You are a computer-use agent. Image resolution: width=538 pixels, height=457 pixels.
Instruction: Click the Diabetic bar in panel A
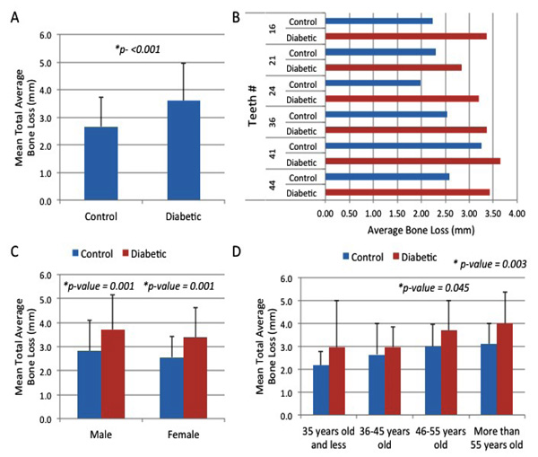click(x=183, y=150)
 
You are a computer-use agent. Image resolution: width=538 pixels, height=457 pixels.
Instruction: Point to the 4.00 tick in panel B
click(x=516, y=215)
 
